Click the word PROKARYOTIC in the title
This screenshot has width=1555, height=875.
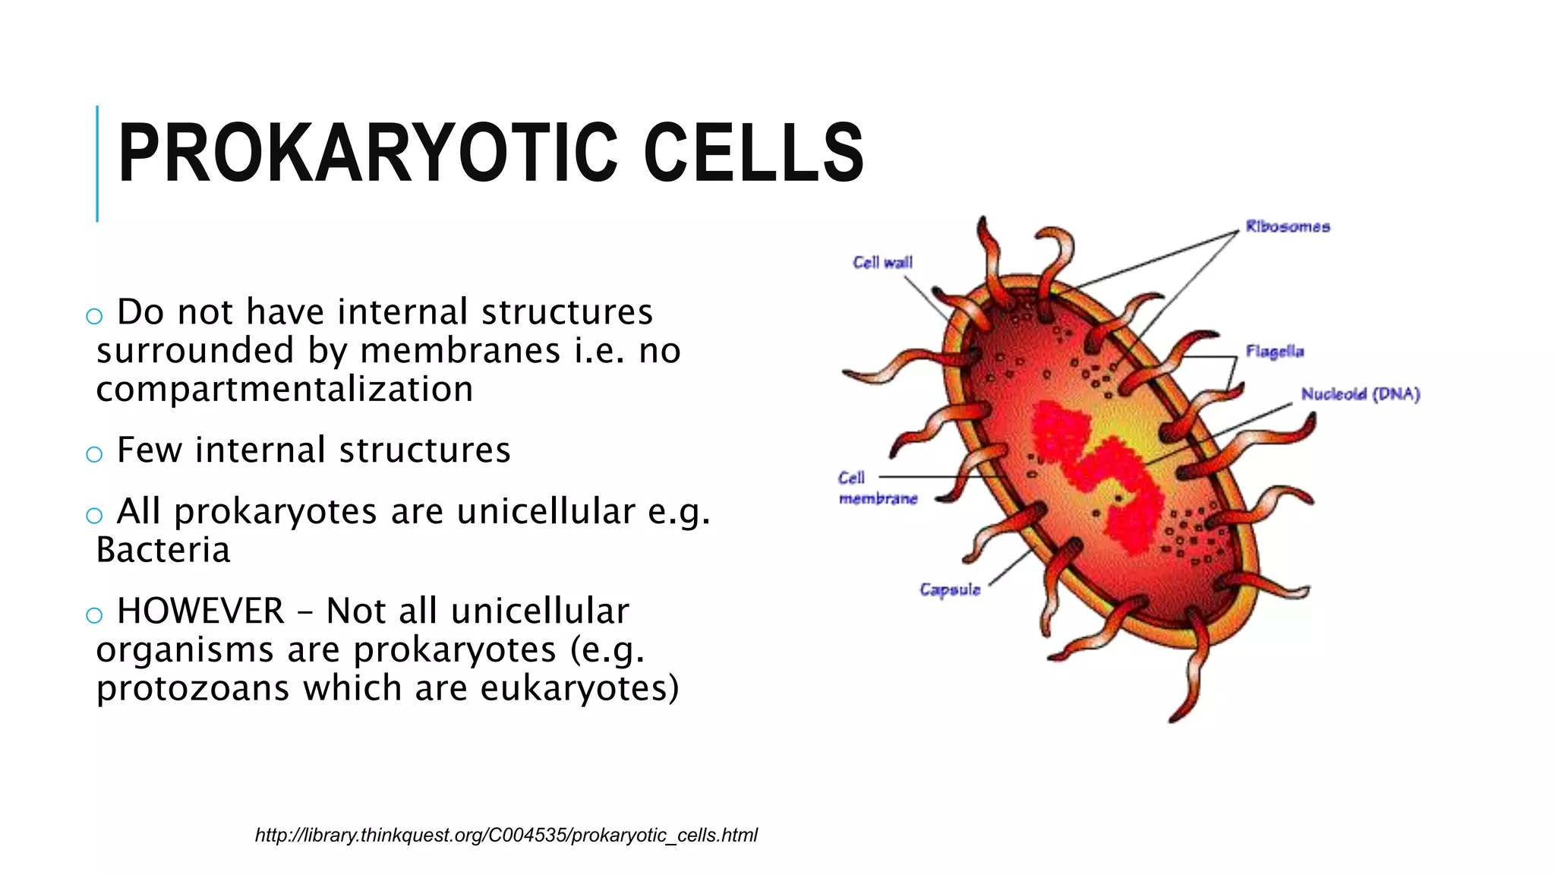coord(367,153)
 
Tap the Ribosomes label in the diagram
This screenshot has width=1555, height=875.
coord(1288,226)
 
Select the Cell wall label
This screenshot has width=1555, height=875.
coord(882,263)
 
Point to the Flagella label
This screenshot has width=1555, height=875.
coord(1275,351)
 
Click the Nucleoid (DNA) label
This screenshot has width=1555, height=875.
coord(1360,393)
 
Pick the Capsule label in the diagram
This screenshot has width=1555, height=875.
coord(950,589)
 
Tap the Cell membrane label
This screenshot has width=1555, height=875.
coord(877,488)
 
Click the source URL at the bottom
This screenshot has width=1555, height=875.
coord(506,836)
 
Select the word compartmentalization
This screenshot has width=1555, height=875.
coord(285,390)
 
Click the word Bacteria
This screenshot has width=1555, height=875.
coord(163,550)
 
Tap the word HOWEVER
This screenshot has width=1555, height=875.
coord(200,611)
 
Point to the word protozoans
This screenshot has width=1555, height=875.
coord(193,689)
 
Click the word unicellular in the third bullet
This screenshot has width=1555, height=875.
coord(545,511)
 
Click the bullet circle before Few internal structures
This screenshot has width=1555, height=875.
coord(94,454)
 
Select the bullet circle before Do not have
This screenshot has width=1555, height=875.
coord(94,316)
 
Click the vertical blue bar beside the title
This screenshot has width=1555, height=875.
coord(97,163)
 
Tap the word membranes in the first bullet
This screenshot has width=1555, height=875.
coord(460,351)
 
